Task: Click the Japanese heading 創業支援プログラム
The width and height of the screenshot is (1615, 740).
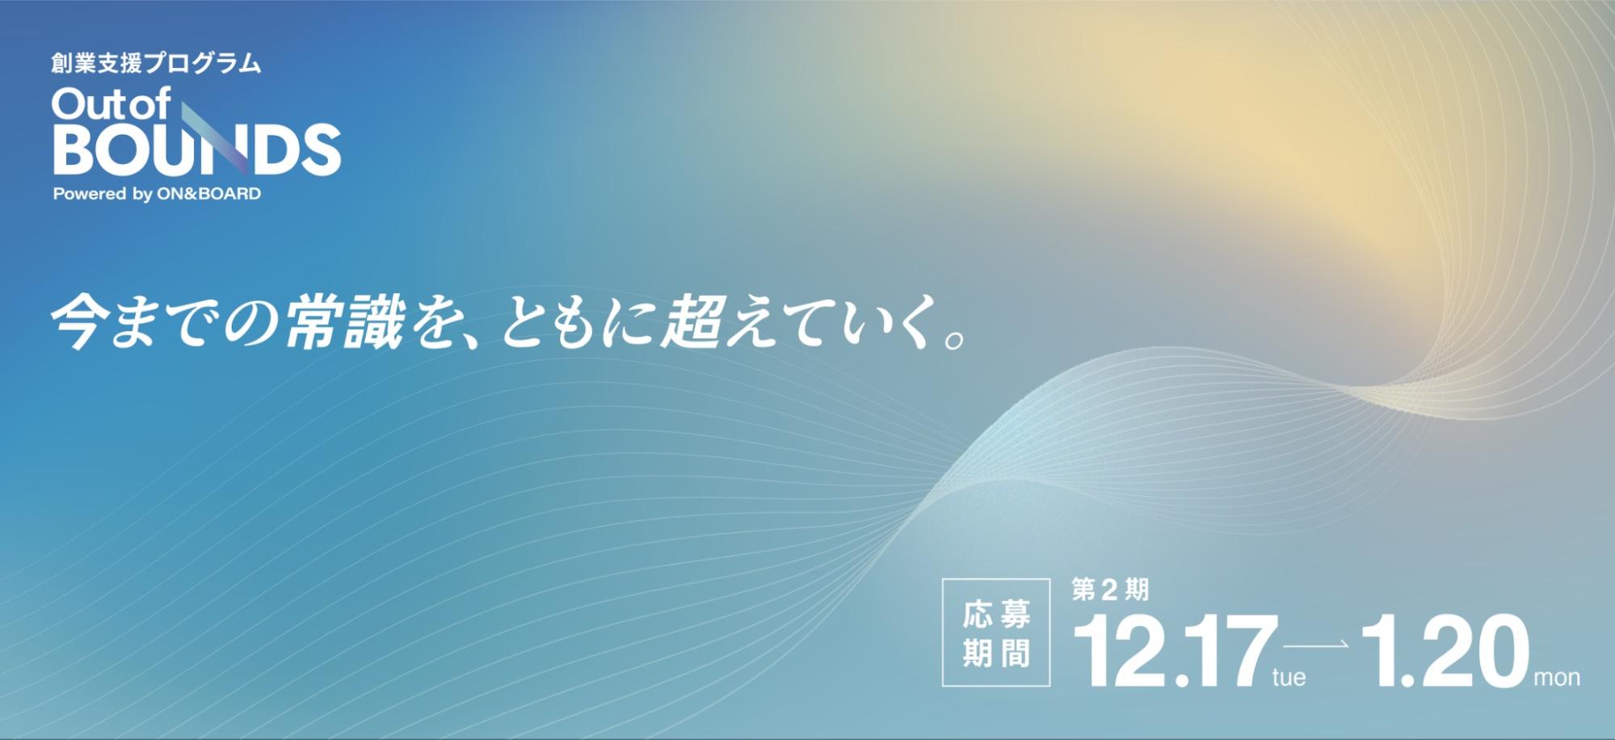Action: pyautogui.click(x=156, y=63)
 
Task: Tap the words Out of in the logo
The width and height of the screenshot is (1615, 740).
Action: pyautogui.click(x=111, y=104)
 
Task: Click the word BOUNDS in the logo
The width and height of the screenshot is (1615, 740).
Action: pyautogui.click(x=196, y=149)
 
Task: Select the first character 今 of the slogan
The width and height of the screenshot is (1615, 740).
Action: pyautogui.click(x=79, y=322)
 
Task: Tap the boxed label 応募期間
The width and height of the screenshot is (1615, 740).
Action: pyautogui.click(x=996, y=633)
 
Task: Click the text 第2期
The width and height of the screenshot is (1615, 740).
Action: pyautogui.click(x=1110, y=590)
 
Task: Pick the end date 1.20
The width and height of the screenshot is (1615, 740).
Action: pyautogui.click(x=1445, y=650)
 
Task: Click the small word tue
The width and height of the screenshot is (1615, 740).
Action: pyautogui.click(x=1289, y=677)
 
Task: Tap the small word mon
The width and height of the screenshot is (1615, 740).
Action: pyautogui.click(x=1557, y=678)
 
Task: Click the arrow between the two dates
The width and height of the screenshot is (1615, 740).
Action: pyautogui.click(x=1315, y=644)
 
